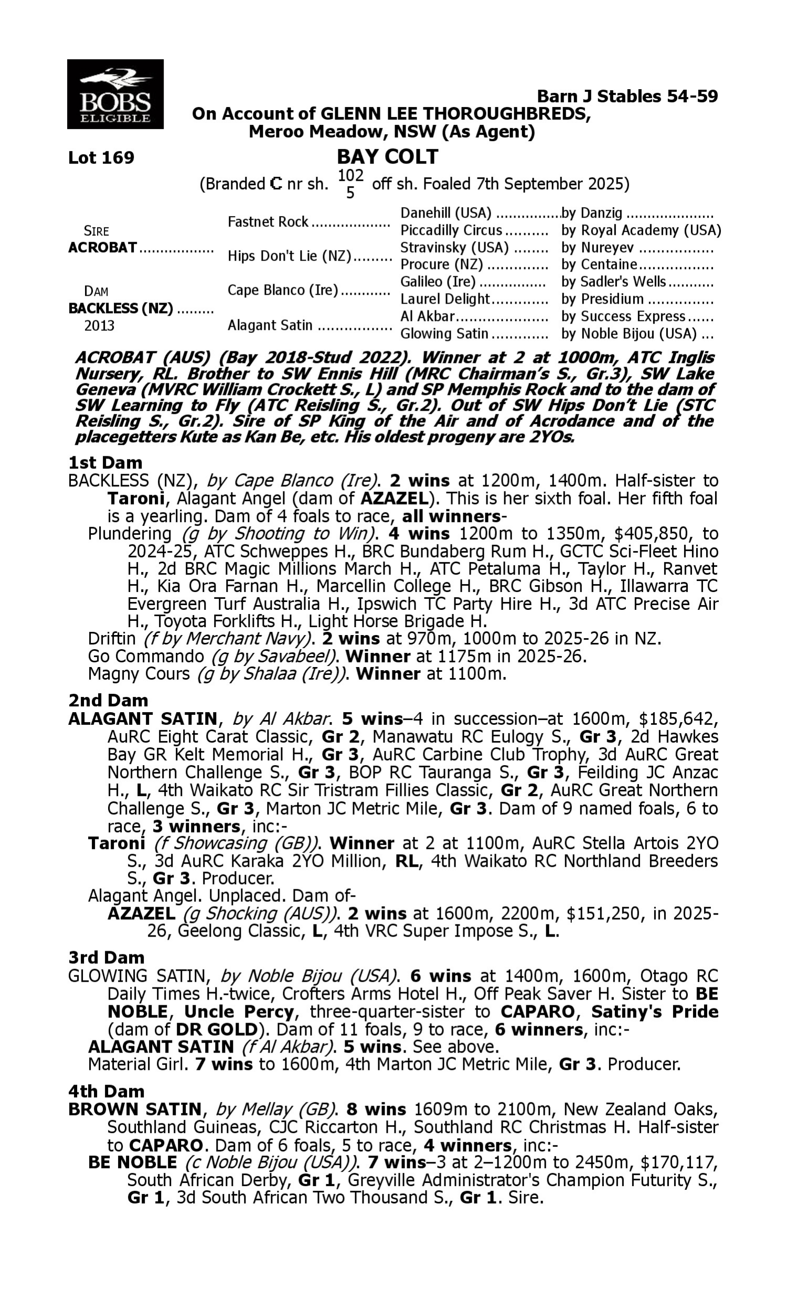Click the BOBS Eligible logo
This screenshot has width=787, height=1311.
coord(115,94)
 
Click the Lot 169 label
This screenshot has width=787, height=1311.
coord(101,158)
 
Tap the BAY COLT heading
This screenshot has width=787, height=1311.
coord(387,157)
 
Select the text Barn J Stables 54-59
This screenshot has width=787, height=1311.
coord(628,96)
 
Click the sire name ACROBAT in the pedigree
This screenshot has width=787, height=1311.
coord(103,248)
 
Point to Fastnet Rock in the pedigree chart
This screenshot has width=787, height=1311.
coord(268,221)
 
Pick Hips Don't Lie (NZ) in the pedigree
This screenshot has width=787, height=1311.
coord(290,256)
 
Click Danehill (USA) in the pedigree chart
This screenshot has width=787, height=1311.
coord(445,213)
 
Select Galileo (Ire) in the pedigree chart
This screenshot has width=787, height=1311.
coord(438,282)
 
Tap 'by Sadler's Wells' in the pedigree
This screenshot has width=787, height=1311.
coord(613,282)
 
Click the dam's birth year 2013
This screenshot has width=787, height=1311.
coord(99,325)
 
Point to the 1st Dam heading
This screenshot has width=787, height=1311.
coord(105,463)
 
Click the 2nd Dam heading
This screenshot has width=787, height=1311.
coord(108,701)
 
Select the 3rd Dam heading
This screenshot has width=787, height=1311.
coord(107,958)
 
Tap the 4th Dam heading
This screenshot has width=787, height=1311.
coord(107,1092)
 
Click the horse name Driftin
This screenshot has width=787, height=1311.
coord(112,639)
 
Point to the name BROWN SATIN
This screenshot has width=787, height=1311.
coord(135,1109)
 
